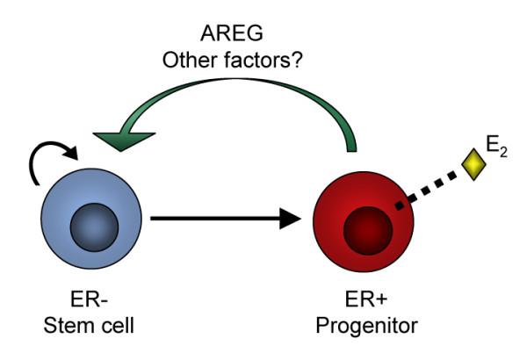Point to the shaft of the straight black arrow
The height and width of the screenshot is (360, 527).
(x=211, y=218)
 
